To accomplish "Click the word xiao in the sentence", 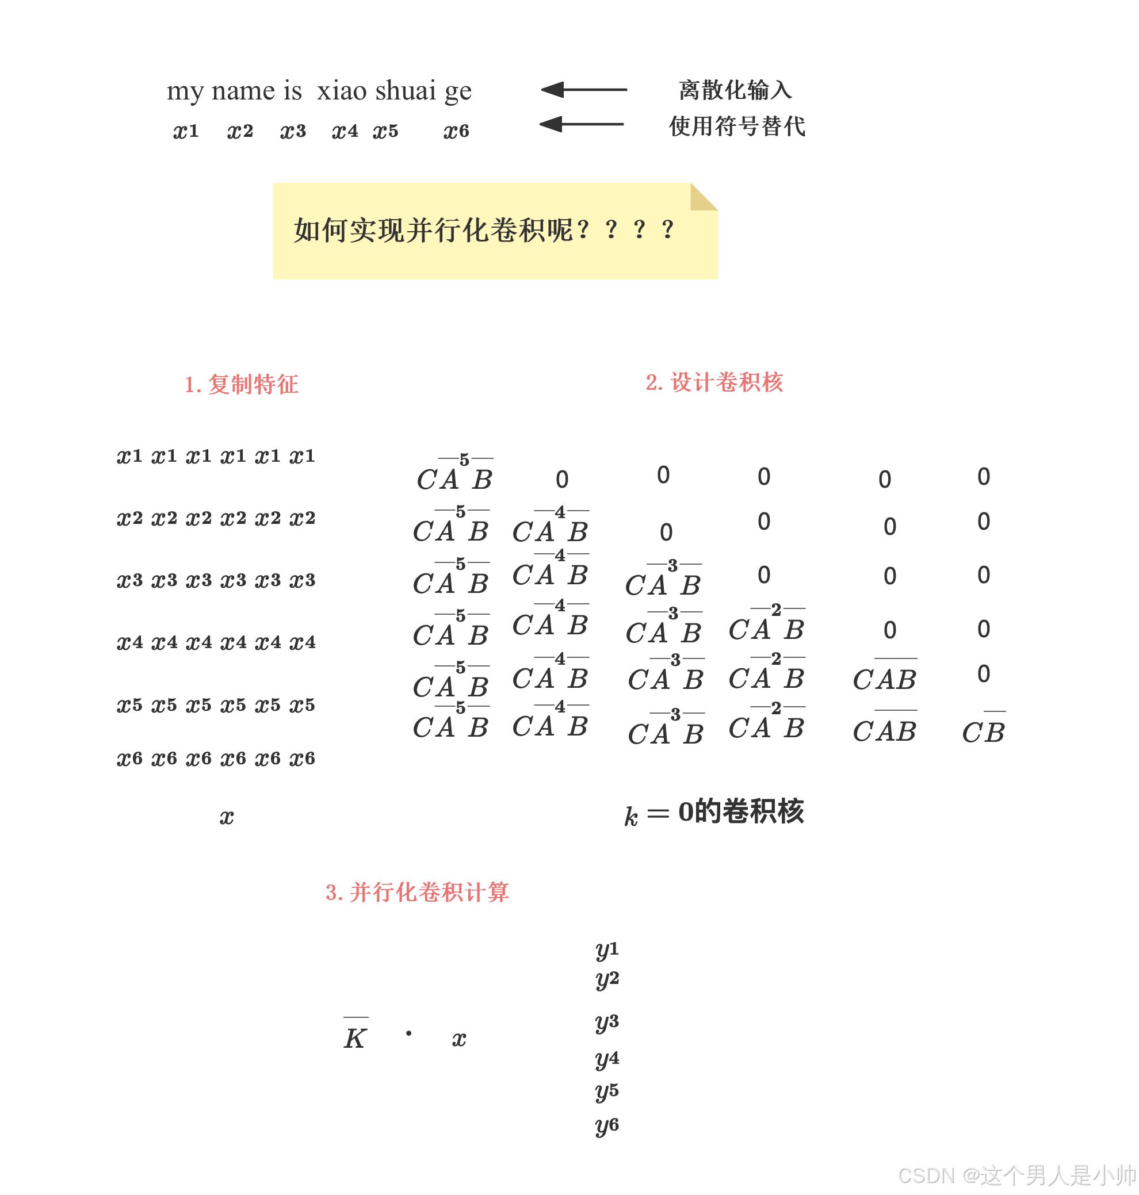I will point(342,90).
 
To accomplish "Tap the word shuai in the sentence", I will point(405,90).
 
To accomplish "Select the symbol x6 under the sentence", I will point(456,131).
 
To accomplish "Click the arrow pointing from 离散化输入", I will point(583,90).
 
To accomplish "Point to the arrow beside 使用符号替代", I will point(582,124).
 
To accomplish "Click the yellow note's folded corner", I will point(704,197).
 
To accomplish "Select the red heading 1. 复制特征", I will point(241,384).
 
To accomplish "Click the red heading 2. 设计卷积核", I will point(714,382).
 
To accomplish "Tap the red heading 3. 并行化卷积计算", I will point(417,892).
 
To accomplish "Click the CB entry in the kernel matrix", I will point(983,731).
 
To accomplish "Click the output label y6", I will point(606,1126).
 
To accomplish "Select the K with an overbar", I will point(354,1037).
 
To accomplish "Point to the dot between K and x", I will point(408,1033).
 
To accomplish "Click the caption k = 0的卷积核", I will point(714,813).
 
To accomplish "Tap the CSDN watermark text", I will point(1016,1175).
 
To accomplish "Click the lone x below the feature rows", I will point(227,818).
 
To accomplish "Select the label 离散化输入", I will point(735,90).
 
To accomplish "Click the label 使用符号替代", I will point(736,127).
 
